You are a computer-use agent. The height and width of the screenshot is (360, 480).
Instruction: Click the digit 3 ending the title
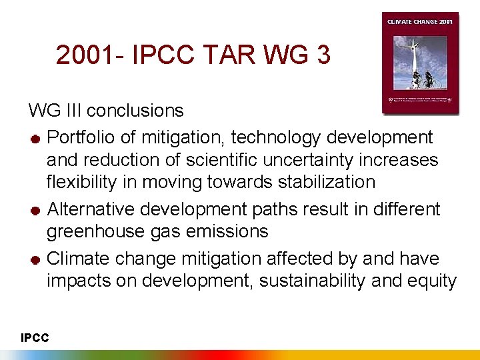[x=323, y=55]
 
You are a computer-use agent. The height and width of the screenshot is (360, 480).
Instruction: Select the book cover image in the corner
[x=420, y=63]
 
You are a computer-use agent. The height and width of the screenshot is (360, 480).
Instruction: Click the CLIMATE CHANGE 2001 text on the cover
[x=420, y=22]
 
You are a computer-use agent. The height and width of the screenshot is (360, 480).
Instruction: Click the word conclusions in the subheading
[x=135, y=110]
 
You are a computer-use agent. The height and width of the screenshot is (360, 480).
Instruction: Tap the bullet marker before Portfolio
[x=35, y=139]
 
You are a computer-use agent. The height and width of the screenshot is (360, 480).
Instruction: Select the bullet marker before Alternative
[x=35, y=211]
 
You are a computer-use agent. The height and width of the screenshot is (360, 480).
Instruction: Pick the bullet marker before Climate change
[x=35, y=259]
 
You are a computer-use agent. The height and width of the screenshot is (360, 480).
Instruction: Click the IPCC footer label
[x=35, y=339]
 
